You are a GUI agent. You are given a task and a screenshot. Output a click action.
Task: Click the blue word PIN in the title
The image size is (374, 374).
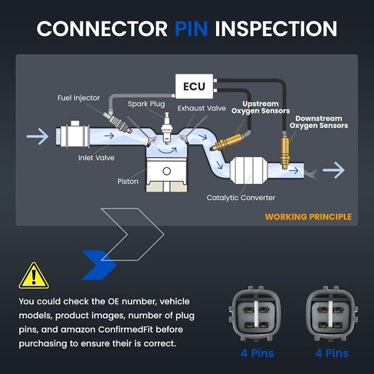(x=191, y=28)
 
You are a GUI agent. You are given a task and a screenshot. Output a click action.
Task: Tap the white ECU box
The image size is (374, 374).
(x=194, y=87)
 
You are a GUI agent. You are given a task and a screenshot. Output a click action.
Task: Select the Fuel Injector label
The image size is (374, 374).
(x=79, y=98)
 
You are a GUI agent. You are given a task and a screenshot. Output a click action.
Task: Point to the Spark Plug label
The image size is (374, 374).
(x=146, y=104)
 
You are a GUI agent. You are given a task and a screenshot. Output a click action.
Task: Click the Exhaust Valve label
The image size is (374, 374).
(x=202, y=108)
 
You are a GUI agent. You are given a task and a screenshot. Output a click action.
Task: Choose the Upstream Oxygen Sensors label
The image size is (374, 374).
(x=261, y=107)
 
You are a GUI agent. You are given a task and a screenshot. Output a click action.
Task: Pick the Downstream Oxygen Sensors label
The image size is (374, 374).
(x=319, y=122)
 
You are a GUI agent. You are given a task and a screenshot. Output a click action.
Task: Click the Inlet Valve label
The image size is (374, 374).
(x=97, y=158)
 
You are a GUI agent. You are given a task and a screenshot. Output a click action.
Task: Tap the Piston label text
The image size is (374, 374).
(x=128, y=182)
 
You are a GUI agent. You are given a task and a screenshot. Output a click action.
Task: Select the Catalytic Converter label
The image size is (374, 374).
(x=241, y=198)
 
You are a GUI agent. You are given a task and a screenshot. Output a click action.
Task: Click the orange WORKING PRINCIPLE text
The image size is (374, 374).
(x=308, y=217)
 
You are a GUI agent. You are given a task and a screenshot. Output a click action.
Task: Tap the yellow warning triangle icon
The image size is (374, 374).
(x=34, y=276)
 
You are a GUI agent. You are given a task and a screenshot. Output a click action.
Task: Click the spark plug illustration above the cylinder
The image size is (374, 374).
(x=167, y=128)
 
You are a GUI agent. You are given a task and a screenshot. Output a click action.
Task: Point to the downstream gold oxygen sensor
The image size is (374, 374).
(x=284, y=151)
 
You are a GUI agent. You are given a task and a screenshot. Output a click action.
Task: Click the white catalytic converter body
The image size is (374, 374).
(x=247, y=170)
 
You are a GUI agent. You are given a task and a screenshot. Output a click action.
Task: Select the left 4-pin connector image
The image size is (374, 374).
(x=257, y=313)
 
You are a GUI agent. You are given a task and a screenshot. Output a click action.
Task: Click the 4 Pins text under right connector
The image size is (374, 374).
(x=332, y=353)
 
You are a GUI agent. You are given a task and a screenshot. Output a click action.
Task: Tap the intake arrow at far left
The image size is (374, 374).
(x=38, y=136)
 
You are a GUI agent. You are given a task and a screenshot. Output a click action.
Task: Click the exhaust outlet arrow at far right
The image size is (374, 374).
(x=333, y=170)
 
